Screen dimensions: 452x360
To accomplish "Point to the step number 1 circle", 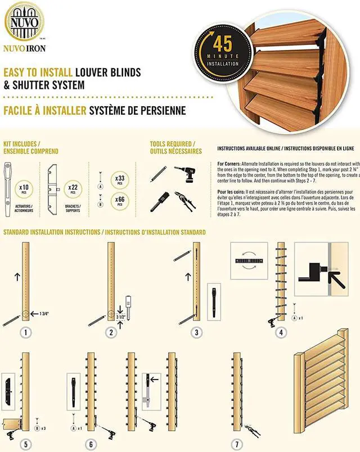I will point(25,332).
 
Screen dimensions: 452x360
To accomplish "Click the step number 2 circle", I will point(111,332).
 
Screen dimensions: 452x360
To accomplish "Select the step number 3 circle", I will point(196,332).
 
